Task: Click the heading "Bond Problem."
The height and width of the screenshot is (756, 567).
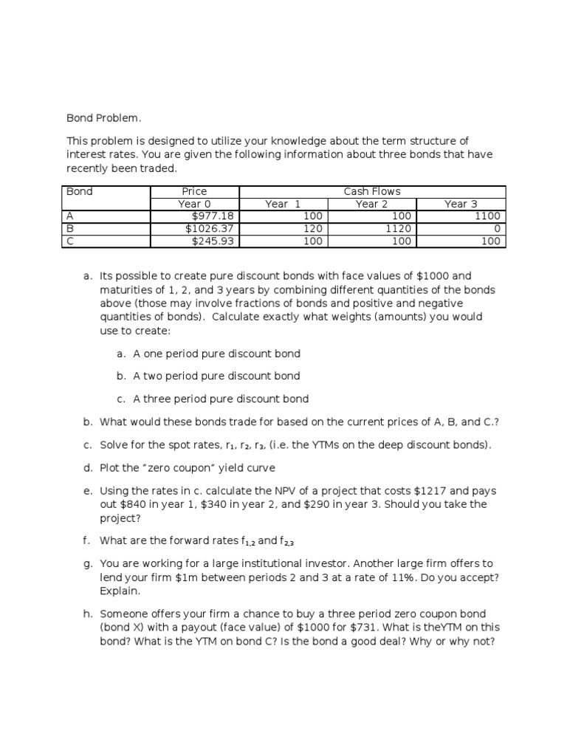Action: [x=103, y=117]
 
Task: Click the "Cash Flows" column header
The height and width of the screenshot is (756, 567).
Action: [x=372, y=191]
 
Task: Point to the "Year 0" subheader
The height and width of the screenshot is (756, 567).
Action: [x=195, y=204]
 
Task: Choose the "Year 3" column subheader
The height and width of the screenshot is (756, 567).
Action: [x=461, y=204]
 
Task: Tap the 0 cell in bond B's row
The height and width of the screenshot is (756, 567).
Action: [x=497, y=229]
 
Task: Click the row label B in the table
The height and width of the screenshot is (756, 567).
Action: [x=70, y=229]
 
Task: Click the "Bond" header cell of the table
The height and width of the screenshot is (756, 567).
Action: [x=80, y=191]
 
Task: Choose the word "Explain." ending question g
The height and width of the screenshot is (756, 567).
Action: [x=119, y=591]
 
